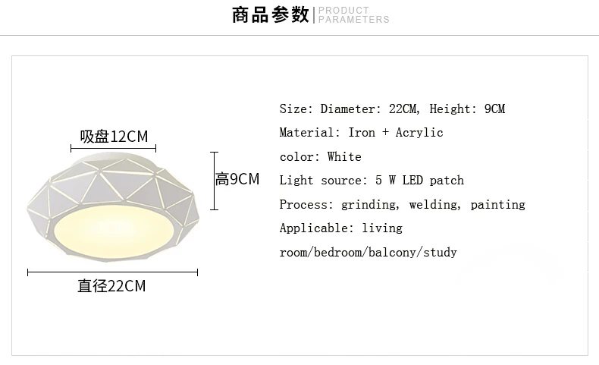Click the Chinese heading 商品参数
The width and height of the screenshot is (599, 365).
(x=270, y=15)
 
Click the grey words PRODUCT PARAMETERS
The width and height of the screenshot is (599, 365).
(x=354, y=15)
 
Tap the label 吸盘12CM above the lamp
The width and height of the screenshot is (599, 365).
(x=114, y=137)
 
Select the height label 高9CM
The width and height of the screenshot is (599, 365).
(x=237, y=179)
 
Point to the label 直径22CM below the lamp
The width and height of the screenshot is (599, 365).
(x=111, y=286)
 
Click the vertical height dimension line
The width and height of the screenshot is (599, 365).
(x=215, y=181)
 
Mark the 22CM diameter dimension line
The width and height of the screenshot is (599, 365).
(x=113, y=272)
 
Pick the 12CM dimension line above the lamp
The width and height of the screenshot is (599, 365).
(x=114, y=148)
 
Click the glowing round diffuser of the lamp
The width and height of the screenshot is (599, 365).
(x=114, y=231)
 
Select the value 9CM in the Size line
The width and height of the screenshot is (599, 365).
(x=494, y=109)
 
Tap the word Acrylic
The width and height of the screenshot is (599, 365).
(x=419, y=133)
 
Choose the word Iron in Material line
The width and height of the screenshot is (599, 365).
(x=362, y=133)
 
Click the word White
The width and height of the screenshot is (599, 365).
(x=344, y=157)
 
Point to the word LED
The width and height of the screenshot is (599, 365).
(x=412, y=181)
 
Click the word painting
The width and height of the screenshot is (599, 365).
(x=497, y=205)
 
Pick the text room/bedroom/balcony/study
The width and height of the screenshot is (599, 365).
(x=368, y=253)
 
